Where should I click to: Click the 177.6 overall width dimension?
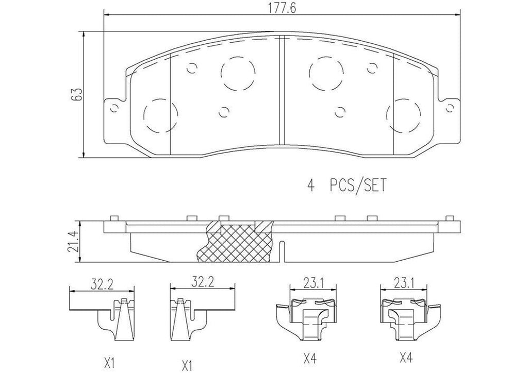pos(281,9)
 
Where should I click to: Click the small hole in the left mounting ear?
pos(114,108)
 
